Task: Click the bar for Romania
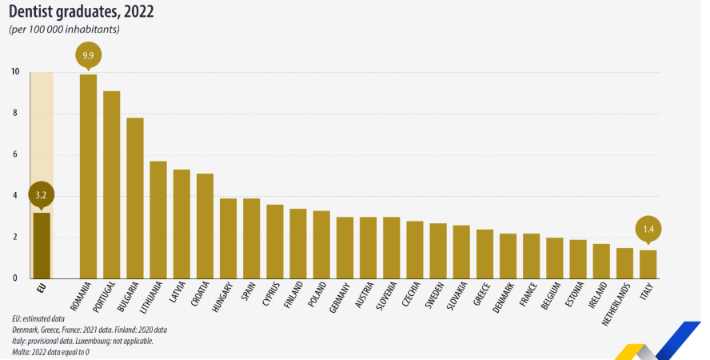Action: (x=88, y=176)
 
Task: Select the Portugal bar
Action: (x=112, y=185)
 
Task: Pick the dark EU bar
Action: (x=42, y=245)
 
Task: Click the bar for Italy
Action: (x=648, y=264)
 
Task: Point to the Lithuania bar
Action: (x=158, y=220)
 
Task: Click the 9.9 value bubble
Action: (x=88, y=55)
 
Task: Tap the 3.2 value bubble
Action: (x=42, y=194)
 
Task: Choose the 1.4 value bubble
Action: (x=648, y=230)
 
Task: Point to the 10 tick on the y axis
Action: (x=15, y=72)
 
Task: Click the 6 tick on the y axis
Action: (x=15, y=154)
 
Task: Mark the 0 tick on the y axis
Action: (x=15, y=278)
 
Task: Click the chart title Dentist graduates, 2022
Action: (x=81, y=13)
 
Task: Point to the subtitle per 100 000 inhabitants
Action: (x=64, y=30)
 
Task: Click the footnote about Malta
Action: (x=50, y=351)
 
